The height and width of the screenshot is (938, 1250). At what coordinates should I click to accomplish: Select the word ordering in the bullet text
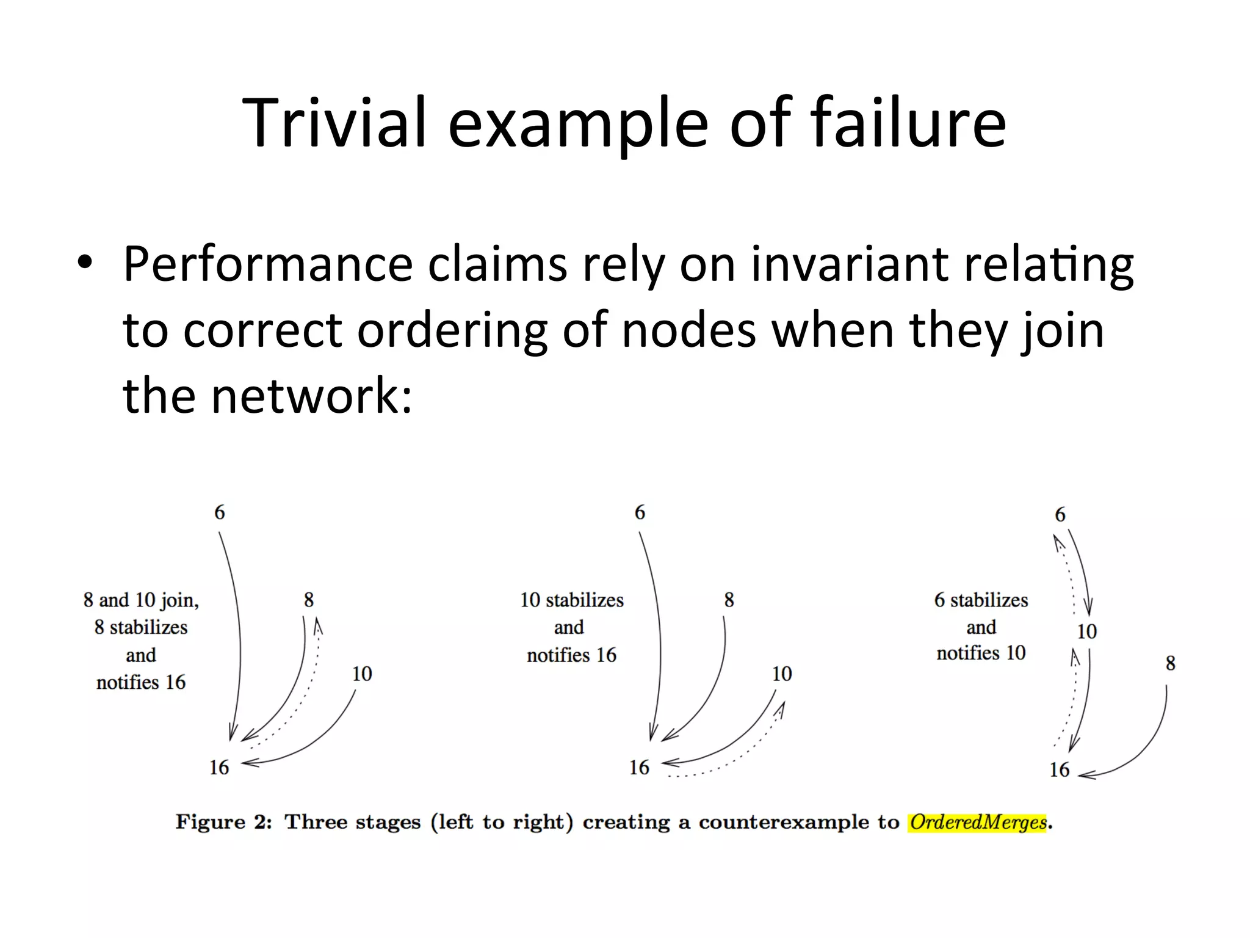point(452,330)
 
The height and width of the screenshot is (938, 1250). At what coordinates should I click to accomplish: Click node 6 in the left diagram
point(220,512)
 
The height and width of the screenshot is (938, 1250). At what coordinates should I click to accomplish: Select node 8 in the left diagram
point(309,600)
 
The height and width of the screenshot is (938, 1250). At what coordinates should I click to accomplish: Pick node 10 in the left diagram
point(362,674)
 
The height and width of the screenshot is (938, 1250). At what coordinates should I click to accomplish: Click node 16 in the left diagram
point(219,767)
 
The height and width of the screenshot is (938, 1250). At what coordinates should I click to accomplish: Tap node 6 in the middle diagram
point(640,512)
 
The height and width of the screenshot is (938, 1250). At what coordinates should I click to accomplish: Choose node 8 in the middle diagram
point(729,600)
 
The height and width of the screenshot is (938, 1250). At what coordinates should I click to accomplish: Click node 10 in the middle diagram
point(782,674)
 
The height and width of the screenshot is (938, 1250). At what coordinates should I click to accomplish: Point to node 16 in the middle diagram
point(639,767)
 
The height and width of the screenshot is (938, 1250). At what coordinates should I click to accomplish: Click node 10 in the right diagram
point(1086,631)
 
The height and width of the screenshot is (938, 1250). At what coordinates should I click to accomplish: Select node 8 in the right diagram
point(1170,663)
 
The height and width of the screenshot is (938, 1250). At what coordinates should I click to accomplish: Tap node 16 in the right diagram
point(1060,769)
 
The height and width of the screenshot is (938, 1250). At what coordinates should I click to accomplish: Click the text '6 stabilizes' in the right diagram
point(981,600)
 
